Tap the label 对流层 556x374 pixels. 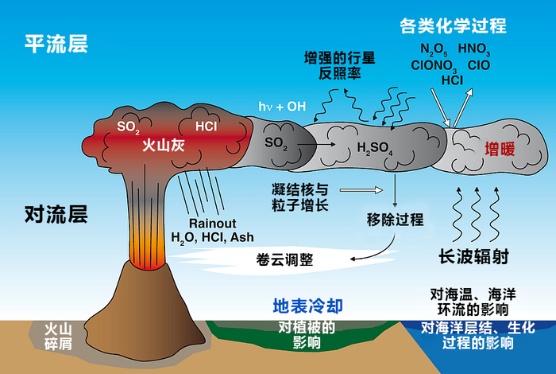pos(56,214)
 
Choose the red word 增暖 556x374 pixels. pos(500,147)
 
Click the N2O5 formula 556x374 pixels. pos(436,50)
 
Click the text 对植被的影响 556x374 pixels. pos(305,335)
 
